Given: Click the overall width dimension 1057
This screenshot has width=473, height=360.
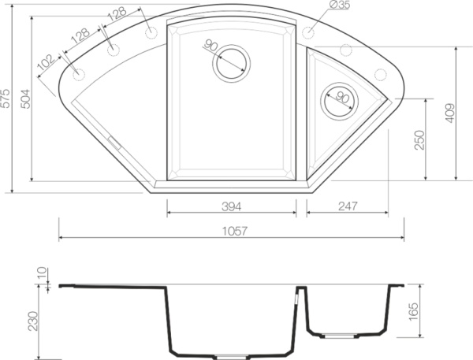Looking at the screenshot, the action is pyautogui.click(x=235, y=232).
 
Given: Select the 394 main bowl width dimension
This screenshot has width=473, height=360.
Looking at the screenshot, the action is pyautogui.click(x=231, y=206).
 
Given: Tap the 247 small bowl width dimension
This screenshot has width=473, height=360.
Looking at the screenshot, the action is pyautogui.click(x=348, y=206).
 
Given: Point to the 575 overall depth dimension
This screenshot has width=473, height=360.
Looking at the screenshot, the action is pyautogui.click(x=6, y=98).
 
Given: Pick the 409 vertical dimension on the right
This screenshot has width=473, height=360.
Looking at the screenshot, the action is pyautogui.click(x=449, y=113).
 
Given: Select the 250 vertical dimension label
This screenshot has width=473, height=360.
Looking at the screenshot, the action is pyautogui.click(x=419, y=140).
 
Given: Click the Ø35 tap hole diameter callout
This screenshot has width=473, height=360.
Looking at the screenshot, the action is pyautogui.click(x=339, y=5).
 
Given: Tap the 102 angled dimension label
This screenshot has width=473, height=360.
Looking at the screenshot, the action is pyautogui.click(x=47, y=62).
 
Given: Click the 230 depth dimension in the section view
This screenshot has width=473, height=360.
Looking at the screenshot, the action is pyautogui.click(x=33, y=321).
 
